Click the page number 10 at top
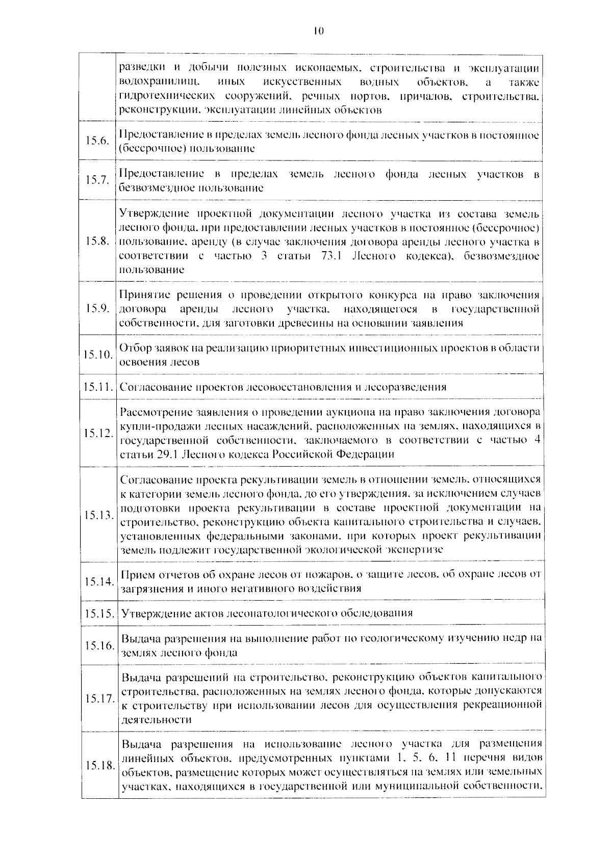(318, 31)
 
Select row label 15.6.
(97, 141)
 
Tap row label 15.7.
(97, 180)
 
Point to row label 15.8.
(97, 241)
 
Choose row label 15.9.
(97, 308)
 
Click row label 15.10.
(97, 354)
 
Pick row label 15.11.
(97, 387)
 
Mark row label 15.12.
(97, 433)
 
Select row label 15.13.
(97, 515)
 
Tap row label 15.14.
(97, 581)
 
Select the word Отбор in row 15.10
(135, 348)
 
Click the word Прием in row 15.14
(136, 575)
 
